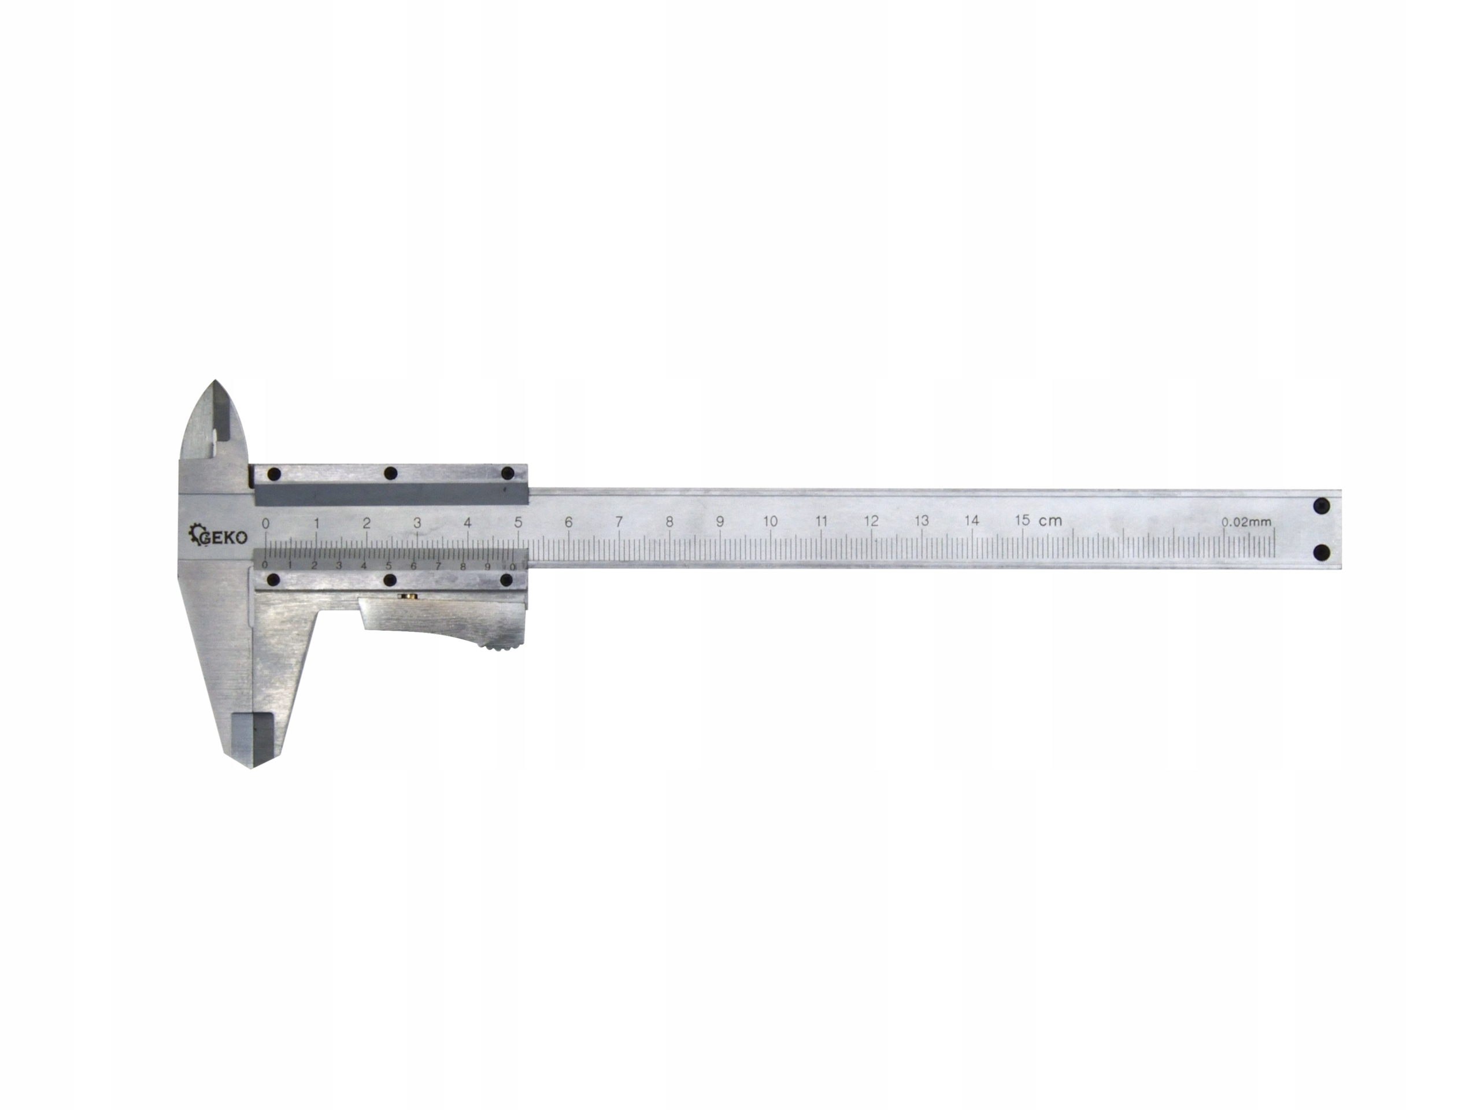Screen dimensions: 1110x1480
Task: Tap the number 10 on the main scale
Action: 770,521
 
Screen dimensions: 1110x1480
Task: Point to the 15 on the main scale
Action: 1022,520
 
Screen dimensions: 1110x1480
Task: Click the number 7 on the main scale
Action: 619,521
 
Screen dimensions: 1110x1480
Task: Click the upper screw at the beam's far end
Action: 1321,506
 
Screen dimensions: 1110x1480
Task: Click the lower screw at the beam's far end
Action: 1321,553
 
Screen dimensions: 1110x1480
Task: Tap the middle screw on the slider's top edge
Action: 391,473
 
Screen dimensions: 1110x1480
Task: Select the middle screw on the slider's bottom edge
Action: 391,579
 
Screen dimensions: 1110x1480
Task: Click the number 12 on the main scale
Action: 871,521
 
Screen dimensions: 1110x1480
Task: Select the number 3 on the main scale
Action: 417,523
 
